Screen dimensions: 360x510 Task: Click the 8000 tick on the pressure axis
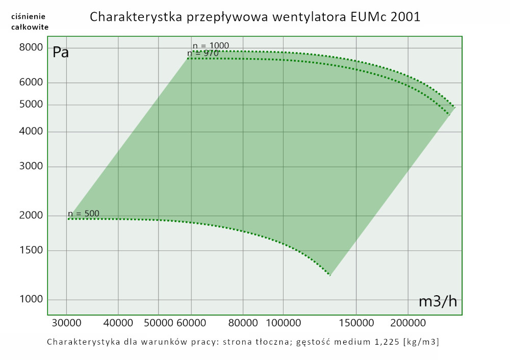click(x=31, y=47)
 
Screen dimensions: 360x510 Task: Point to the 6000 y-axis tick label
click(x=31, y=83)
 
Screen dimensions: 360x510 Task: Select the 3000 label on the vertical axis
click(x=31, y=167)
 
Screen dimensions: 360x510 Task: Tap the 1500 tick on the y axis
click(x=31, y=250)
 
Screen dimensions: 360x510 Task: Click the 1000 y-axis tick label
click(x=31, y=299)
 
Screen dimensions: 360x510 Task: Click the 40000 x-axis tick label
click(x=118, y=324)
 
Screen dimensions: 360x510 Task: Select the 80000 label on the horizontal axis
click(x=243, y=324)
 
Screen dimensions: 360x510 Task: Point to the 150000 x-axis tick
click(x=355, y=324)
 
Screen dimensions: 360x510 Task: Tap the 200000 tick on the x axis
click(x=409, y=324)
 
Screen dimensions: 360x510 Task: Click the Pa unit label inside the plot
click(x=61, y=52)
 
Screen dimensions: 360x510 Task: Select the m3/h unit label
click(x=438, y=301)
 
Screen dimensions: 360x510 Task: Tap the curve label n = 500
click(x=84, y=214)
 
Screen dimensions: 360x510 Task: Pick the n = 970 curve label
click(x=203, y=53)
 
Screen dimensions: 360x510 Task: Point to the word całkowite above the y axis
click(x=30, y=27)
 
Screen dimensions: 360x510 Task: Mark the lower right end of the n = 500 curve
click(x=330, y=275)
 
